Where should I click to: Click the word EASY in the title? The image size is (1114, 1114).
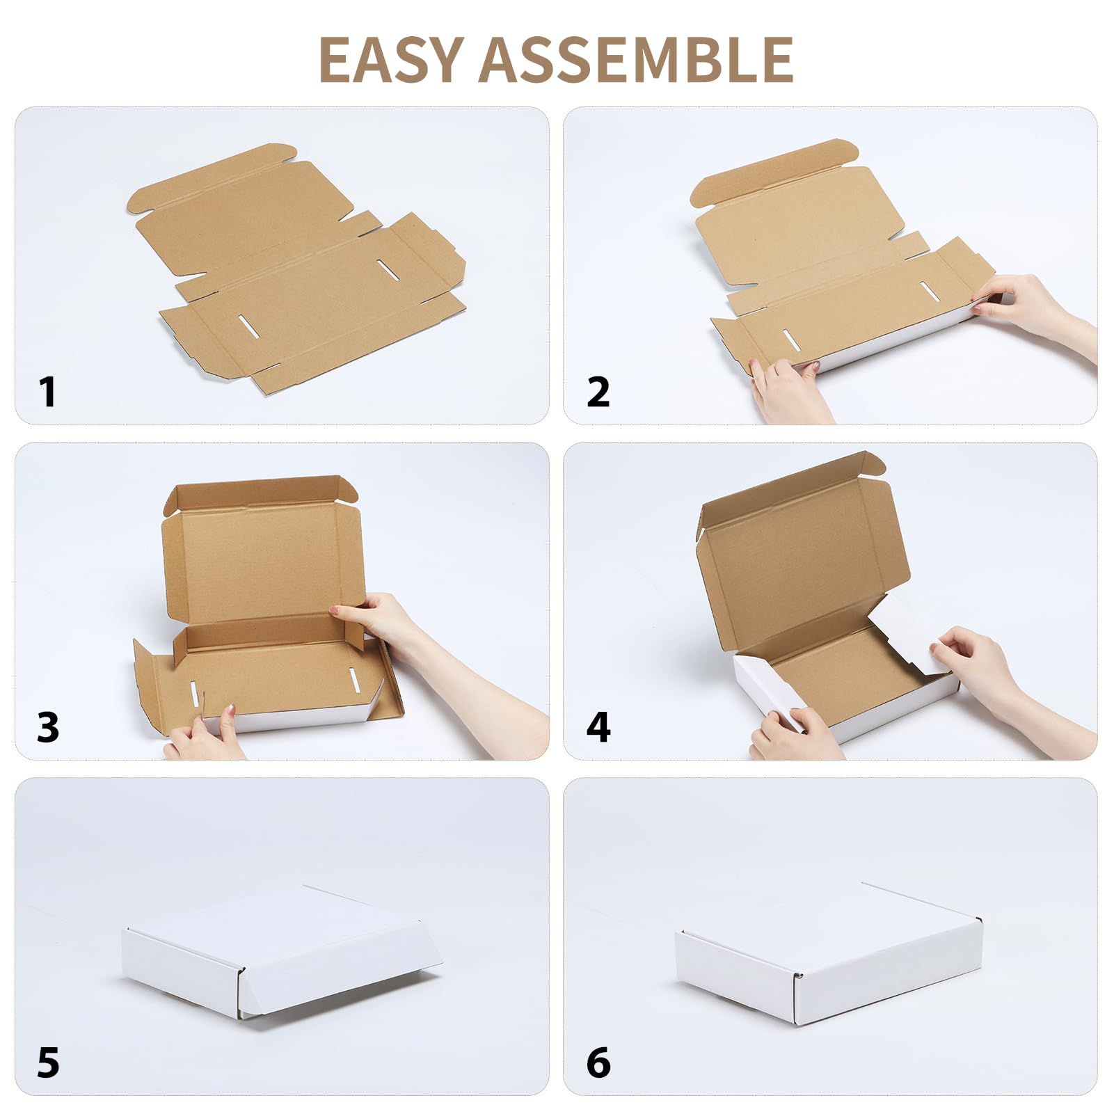pyautogui.click(x=391, y=60)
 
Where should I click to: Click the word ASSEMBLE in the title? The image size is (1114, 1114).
pyautogui.click(x=636, y=60)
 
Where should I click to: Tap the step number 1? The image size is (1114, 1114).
pyautogui.click(x=47, y=392)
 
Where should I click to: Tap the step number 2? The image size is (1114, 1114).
pyautogui.click(x=598, y=392)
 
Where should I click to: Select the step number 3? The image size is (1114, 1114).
pyautogui.click(x=47, y=727)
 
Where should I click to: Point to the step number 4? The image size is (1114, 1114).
pyautogui.click(x=598, y=727)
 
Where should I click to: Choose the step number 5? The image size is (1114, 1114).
pyautogui.click(x=47, y=1063)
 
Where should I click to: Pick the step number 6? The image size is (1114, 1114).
pyautogui.click(x=598, y=1063)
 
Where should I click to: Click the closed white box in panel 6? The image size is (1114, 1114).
pyautogui.click(x=828, y=953)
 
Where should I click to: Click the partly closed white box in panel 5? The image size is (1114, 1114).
pyautogui.click(x=278, y=953)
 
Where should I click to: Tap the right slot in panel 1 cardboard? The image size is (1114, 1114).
pyautogui.click(x=388, y=269)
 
